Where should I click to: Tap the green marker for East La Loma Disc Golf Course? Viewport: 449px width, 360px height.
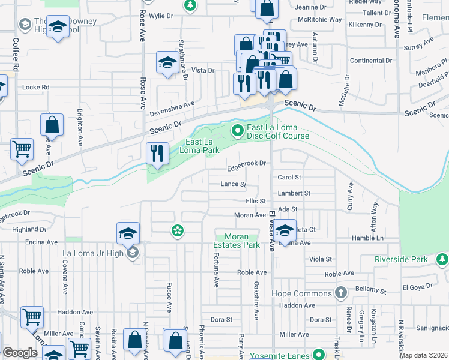(x=238, y=130)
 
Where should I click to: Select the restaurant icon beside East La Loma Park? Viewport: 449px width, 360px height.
(x=157, y=153)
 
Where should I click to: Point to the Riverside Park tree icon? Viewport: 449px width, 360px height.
(x=442, y=259)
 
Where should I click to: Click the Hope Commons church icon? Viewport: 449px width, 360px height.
(x=340, y=293)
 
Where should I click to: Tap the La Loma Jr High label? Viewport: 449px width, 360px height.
(x=93, y=253)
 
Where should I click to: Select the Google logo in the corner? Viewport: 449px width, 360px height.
(x=20, y=353)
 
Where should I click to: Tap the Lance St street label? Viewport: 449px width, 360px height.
(x=234, y=184)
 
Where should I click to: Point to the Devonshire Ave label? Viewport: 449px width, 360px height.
(x=173, y=104)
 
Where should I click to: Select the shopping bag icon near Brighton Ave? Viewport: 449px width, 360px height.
(x=52, y=125)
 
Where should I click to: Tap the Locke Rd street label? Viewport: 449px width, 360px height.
(x=35, y=87)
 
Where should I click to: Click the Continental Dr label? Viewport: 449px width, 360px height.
(x=370, y=61)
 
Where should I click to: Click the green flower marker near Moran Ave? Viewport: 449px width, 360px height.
(x=177, y=230)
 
